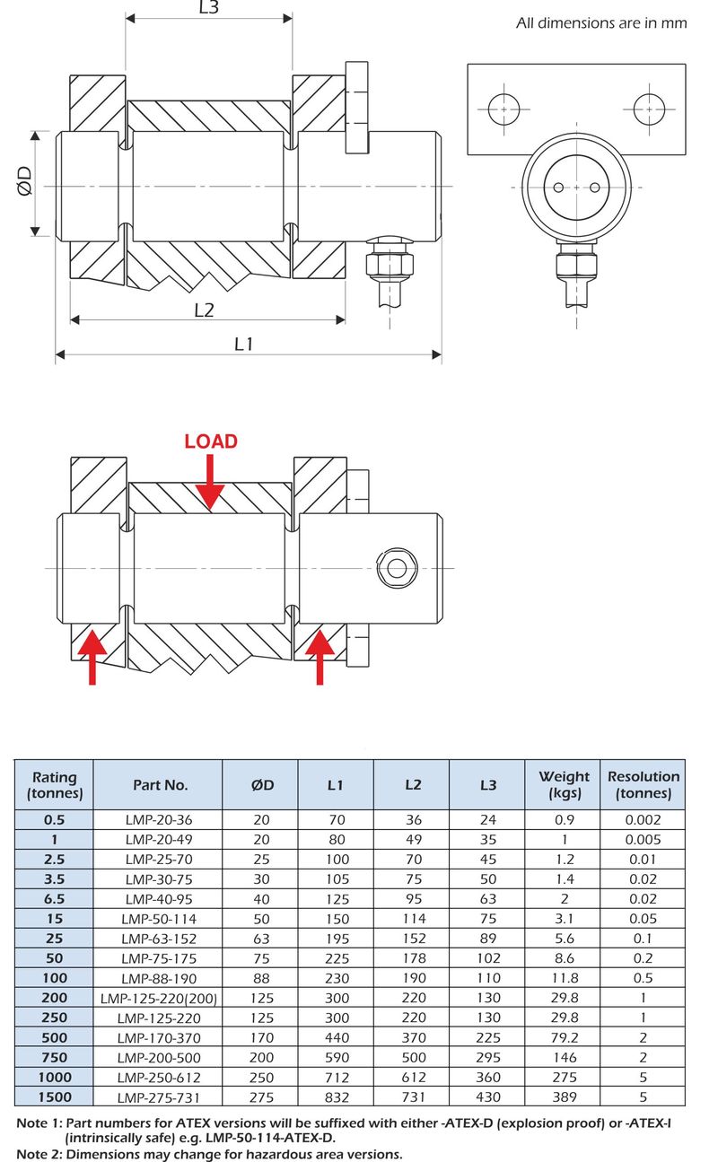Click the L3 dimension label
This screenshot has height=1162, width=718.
pyautogui.click(x=207, y=8)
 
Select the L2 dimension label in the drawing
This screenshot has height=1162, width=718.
pyautogui.click(x=205, y=310)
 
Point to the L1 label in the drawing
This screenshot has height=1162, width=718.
pyautogui.click(x=244, y=344)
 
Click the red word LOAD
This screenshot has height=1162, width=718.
pyautogui.click(x=211, y=441)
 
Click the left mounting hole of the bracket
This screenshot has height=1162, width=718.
pyautogui.click(x=505, y=109)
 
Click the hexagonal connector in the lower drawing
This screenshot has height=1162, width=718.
pyautogui.click(x=396, y=567)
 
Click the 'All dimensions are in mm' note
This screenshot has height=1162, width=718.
pyautogui.click(x=601, y=23)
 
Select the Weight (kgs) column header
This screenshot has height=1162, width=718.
pyautogui.click(x=564, y=784)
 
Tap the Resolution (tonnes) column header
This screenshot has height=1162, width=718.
pyautogui.click(x=644, y=784)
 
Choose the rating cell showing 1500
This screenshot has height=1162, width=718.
pyautogui.click(x=54, y=1096)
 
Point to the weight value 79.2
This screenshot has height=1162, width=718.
pyautogui.click(x=564, y=1037)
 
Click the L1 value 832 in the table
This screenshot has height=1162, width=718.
pyautogui.click(x=336, y=1096)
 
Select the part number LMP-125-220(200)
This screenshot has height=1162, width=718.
pyautogui.click(x=159, y=998)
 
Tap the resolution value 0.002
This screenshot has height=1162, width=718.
pyautogui.click(x=644, y=819)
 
